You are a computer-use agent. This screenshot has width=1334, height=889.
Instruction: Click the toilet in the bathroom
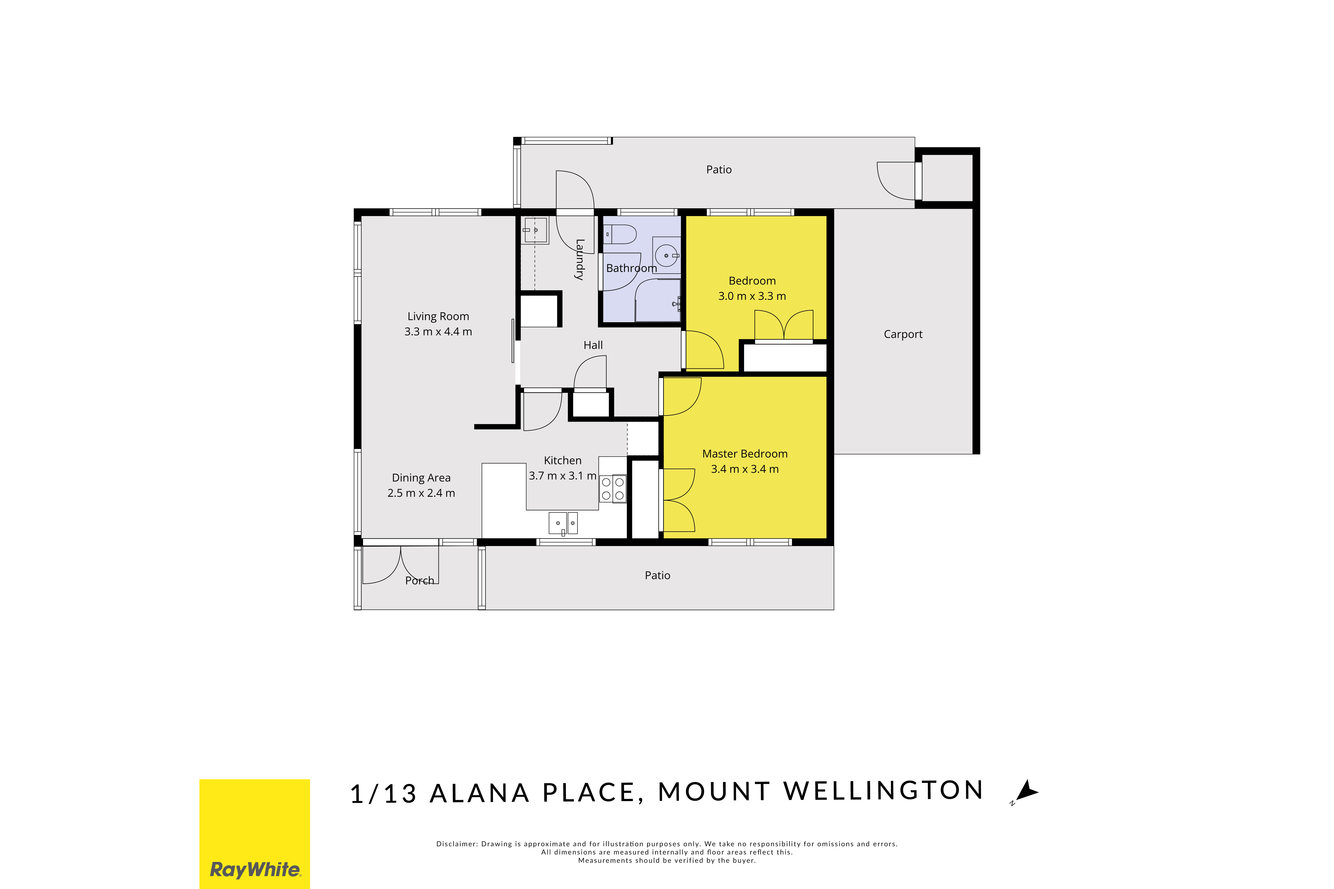point(620,234)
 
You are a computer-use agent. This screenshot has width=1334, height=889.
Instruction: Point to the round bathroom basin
point(667,256)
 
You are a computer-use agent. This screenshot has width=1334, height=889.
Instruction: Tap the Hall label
point(593,345)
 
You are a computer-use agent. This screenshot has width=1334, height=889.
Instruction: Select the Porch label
point(420,581)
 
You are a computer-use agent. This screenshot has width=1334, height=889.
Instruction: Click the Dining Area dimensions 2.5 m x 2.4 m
point(421,493)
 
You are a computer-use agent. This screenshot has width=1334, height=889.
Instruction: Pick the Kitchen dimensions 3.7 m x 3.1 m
point(562,476)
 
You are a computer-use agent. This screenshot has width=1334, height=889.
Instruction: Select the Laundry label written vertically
point(579,260)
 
